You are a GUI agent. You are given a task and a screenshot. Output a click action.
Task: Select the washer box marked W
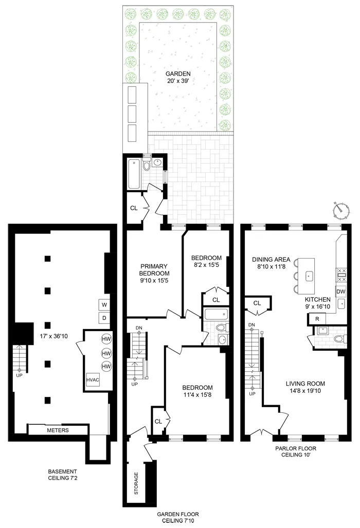click(104, 305)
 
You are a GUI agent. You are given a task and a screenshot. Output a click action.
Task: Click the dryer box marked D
click(104, 318)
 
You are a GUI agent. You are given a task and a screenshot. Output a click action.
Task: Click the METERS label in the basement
click(58, 430)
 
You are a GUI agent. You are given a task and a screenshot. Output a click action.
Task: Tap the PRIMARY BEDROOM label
click(155, 274)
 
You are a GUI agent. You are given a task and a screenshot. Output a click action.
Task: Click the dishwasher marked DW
click(340, 292)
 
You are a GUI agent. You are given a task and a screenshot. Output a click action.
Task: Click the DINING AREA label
click(272, 263)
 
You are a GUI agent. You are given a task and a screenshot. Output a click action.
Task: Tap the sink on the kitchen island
click(309, 276)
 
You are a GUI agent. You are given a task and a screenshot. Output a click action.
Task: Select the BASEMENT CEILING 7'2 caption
click(63, 475)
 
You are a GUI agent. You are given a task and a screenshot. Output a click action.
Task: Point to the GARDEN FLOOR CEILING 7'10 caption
click(177, 517)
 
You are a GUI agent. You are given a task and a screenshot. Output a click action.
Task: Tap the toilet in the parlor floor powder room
click(337, 339)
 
